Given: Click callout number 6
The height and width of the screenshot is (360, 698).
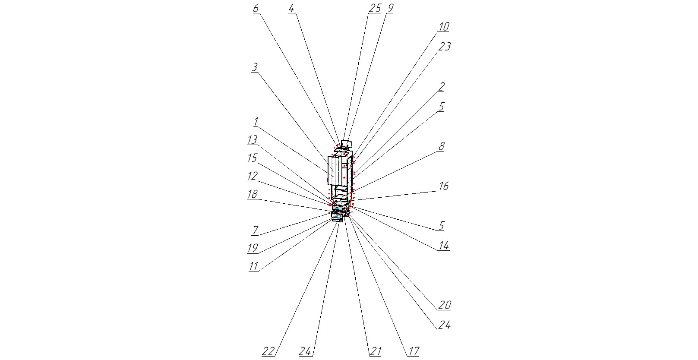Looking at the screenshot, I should click(x=256, y=9).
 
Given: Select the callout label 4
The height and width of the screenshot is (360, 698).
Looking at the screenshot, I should click(x=292, y=9).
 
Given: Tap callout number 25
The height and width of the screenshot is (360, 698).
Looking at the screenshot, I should click(x=374, y=9).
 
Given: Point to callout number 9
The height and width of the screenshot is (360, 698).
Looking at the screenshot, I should click(x=390, y=9).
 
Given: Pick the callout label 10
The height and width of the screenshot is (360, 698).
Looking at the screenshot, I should click(x=444, y=27).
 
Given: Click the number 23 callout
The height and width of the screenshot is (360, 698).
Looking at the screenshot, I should click(x=444, y=47).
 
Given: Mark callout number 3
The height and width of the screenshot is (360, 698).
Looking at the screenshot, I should click(x=255, y=67).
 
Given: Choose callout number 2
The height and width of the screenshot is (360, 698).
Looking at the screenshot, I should click(x=441, y=87).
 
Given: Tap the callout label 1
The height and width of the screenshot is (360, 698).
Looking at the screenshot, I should click(x=256, y=121).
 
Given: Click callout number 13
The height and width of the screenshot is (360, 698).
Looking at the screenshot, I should click(x=252, y=140).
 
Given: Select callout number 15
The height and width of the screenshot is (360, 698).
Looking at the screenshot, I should click(x=252, y=158).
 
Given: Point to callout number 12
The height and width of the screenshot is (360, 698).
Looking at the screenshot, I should click(x=253, y=176).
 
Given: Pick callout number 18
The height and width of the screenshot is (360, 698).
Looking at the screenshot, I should click(x=252, y=194).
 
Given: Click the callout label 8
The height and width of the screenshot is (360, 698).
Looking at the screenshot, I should click(x=441, y=146).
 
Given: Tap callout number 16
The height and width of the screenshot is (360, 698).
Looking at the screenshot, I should click(x=444, y=186).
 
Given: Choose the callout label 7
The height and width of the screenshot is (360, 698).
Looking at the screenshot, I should click(x=255, y=230).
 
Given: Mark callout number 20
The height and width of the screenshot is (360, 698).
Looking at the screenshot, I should click(x=445, y=305).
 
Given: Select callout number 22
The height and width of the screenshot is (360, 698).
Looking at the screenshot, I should click(x=268, y=351).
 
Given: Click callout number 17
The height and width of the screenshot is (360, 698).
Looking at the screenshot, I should click(x=413, y=351).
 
